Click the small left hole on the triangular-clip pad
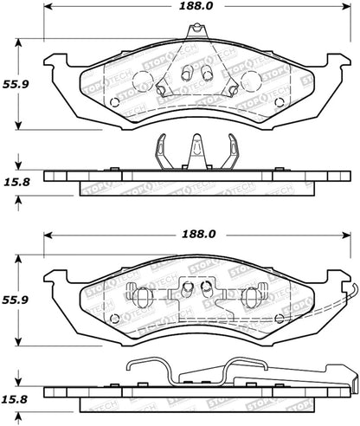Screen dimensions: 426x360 (114, 102)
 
